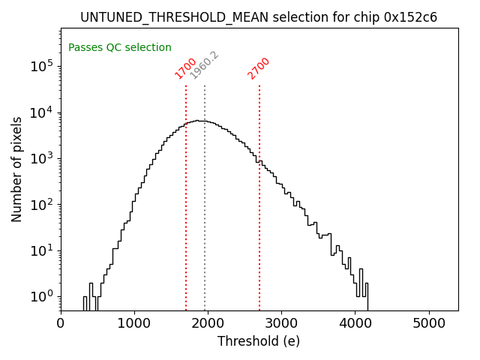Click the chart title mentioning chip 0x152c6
[259, 17]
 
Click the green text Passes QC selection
[120, 47]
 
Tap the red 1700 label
[185, 68]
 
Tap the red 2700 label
[259, 68]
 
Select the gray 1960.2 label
[204, 65]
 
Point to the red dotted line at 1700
[186, 210]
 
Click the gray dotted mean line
[205, 225]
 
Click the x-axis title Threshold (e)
[259, 341]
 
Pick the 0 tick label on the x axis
[61, 323]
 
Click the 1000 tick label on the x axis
[134, 323]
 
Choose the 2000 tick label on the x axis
[208, 323]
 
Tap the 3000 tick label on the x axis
[281, 323]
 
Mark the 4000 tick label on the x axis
[355, 323]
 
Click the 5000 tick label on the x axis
[428, 323]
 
